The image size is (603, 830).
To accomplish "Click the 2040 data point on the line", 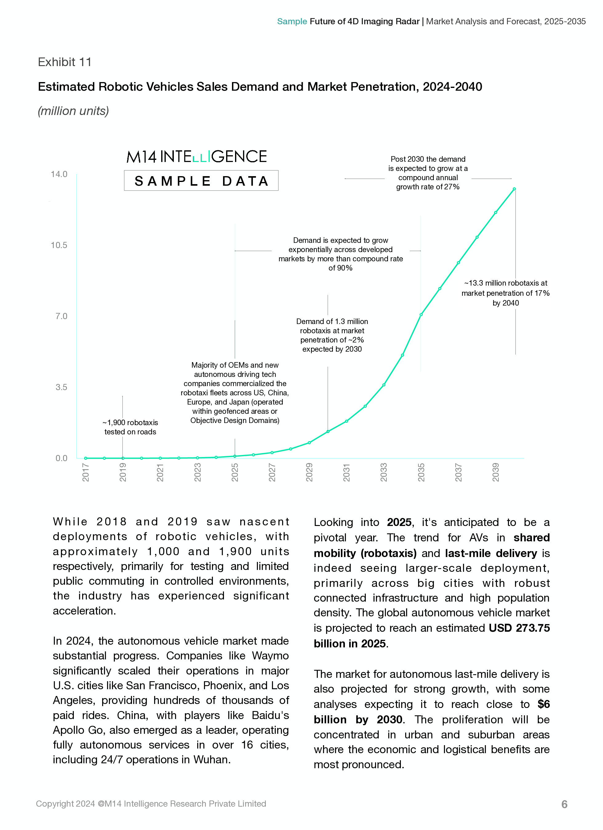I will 514,189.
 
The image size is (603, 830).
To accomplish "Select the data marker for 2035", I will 421,314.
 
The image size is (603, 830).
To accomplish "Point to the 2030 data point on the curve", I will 328,432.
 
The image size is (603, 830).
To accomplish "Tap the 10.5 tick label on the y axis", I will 59,245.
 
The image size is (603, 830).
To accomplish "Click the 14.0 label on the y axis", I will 59,174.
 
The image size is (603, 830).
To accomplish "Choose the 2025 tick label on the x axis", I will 235,472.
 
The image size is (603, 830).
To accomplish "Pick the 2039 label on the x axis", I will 495,472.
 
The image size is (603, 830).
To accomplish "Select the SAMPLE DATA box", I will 201,181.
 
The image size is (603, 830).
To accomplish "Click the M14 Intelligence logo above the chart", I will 197,157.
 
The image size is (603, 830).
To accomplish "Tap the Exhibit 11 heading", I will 65,62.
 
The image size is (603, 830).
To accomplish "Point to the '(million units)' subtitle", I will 73,111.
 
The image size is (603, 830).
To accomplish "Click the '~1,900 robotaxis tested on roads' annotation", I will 130,427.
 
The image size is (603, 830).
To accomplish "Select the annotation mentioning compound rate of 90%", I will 340,254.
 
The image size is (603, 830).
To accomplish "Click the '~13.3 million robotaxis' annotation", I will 505,293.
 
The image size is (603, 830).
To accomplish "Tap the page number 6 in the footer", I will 564,804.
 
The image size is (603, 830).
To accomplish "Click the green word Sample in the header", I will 292,22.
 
